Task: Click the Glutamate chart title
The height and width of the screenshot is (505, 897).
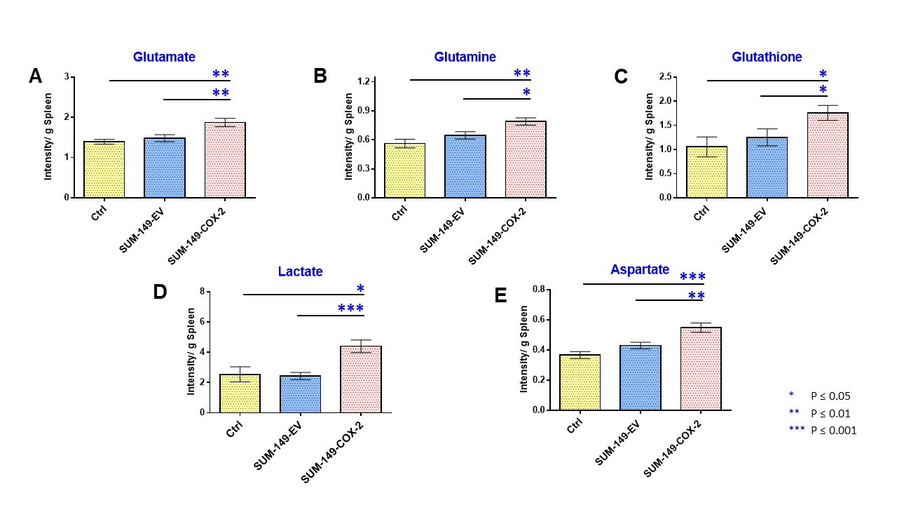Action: (164, 57)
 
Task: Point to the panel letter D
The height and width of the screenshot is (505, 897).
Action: (160, 292)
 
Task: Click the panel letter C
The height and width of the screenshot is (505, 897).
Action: (620, 76)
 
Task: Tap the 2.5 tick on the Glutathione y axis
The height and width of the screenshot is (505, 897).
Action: (666, 76)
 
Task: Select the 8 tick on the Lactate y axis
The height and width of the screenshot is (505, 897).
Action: (202, 292)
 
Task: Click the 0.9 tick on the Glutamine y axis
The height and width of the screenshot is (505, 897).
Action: (363, 110)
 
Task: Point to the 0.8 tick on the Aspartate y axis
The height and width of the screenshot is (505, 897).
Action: (537, 289)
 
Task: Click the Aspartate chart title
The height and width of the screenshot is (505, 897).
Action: (639, 269)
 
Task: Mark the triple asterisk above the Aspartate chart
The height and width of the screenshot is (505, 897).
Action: (692, 277)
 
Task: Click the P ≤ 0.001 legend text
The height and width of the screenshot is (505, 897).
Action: (833, 431)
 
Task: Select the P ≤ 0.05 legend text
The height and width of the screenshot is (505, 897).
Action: (830, 396)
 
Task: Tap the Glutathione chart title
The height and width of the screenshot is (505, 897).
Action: (767, 57)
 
